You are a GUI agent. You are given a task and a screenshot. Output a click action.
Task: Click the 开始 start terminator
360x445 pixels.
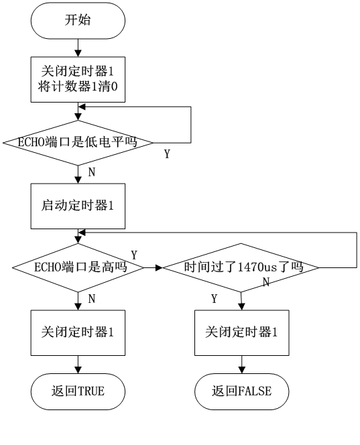pos(78,20)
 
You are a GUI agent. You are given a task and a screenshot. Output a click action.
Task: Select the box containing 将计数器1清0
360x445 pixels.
pos(78,80)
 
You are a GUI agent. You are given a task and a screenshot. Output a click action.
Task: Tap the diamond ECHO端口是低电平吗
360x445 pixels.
pos(78,143)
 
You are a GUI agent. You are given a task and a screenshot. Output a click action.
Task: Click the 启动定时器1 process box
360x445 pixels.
pos(78,206)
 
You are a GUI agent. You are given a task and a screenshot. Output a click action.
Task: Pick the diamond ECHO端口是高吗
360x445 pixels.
pos(78,267)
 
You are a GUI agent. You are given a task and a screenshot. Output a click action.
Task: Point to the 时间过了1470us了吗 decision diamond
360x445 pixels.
pos(241,267)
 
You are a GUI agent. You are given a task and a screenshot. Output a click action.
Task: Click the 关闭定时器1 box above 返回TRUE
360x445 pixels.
pos(78,332)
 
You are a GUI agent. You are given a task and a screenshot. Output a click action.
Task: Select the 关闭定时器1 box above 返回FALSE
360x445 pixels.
pos(241,332)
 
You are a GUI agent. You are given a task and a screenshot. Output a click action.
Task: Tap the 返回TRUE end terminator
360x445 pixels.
pos(78,391)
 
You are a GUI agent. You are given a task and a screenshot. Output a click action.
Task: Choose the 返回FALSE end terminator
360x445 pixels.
pos(241,391)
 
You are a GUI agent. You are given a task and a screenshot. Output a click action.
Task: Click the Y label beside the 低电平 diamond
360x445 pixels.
pos(167,154)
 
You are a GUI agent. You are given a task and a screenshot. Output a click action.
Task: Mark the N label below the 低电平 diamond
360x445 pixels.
pos(92,172)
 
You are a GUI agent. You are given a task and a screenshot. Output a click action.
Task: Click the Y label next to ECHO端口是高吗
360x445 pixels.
pos(134,255)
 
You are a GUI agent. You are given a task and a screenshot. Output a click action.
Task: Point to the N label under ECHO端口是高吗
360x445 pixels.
pos(92,299)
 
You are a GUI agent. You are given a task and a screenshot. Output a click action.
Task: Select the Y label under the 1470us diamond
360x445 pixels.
pos(215,299)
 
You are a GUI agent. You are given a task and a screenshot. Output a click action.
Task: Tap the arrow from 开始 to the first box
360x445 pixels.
pos(78,48)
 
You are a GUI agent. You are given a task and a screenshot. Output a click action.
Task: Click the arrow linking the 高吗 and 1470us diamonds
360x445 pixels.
pos(153,267)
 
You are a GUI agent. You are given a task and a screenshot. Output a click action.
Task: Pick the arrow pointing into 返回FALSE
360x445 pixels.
pos(241,365)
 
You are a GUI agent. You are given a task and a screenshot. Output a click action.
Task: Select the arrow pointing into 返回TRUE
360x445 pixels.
pos(78,365)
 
